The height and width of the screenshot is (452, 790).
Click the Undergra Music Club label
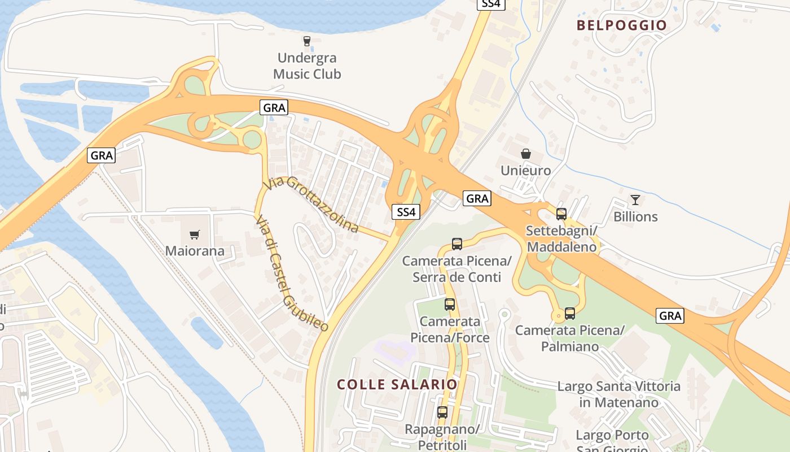tap(307, 66)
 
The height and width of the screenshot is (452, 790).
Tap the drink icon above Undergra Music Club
tap(307, 41)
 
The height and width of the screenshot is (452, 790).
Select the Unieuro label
tap(525, 170)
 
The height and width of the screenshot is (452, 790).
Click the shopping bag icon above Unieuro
tap(526, 153)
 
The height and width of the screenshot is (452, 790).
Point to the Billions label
tap(635, 216)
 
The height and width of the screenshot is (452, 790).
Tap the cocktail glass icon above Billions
tap(635, 199)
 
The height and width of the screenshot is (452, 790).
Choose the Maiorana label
tap(195, 251)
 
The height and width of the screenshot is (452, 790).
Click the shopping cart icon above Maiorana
tap(195, 234)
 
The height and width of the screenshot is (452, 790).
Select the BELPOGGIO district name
tap(622, 25)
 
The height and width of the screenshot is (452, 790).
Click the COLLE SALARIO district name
tap(397, 384)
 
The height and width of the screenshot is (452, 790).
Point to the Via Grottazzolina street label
tap(312, 204)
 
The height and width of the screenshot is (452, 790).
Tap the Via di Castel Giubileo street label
tap(291, 273)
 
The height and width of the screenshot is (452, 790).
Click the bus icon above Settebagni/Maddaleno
tap(561, 214)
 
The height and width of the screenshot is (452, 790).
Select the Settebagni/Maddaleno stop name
tap(561, 239)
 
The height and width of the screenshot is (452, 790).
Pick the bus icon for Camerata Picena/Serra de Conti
tap(457, 244)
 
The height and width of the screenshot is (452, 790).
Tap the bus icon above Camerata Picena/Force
tap(450, 305)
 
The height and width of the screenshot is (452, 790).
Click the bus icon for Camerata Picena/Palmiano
tap(570, 313)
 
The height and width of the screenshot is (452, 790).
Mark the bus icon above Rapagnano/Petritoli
tap(442, 412)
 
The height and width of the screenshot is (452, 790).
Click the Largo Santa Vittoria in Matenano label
tap(618, 394)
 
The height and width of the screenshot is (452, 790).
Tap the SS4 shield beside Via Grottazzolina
tap(406, 212)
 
